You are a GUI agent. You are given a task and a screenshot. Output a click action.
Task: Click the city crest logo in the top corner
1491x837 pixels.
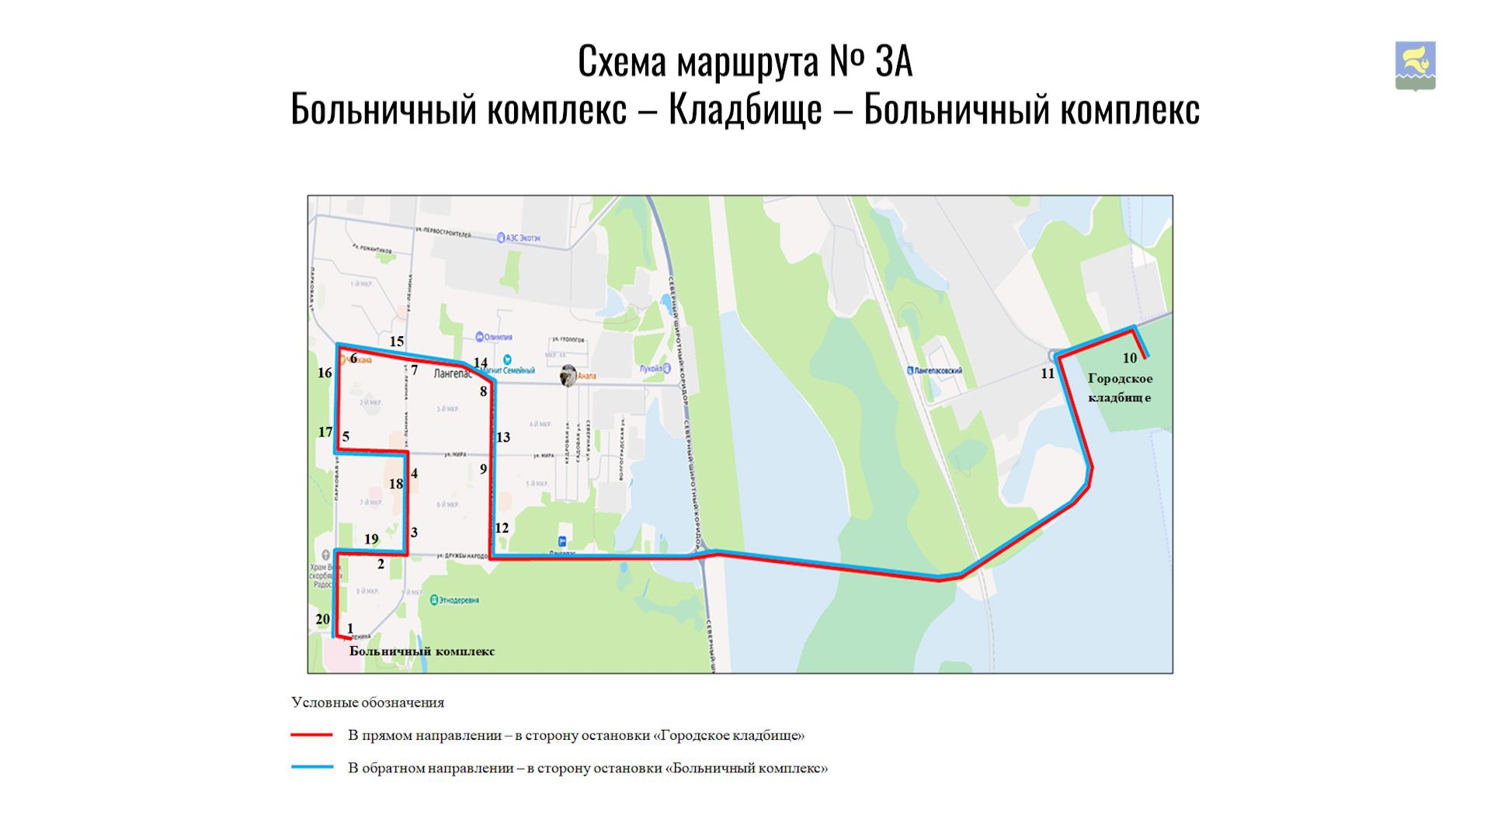(1415, 66)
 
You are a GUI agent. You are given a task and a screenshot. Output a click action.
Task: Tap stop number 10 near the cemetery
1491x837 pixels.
(1129, 358)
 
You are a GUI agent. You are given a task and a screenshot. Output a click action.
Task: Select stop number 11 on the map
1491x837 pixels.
(1048, 373)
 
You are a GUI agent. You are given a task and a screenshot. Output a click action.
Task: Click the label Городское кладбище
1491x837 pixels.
(1120, 387)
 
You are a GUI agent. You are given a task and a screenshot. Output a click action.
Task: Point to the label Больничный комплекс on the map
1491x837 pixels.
(422, 651)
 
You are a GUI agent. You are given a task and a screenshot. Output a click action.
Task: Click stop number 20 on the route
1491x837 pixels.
(322, 619)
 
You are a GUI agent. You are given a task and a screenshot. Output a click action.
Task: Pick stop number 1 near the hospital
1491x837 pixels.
(350, 628)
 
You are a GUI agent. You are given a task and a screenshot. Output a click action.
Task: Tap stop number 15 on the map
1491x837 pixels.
(397, 341)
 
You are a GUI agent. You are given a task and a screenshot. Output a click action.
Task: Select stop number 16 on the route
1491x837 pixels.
(325, 373)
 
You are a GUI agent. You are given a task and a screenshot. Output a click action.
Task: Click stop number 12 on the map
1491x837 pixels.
(502, 528)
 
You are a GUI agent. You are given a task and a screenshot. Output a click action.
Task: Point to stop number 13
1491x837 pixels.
(503, 437)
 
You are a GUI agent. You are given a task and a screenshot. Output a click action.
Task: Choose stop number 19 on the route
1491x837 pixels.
(371, 539)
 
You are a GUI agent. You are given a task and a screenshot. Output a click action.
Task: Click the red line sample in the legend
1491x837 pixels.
(311, 735)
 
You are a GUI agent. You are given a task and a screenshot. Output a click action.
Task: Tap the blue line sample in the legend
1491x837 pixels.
(311, 767)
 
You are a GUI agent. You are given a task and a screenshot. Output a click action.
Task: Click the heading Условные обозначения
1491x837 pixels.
(367, 703)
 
